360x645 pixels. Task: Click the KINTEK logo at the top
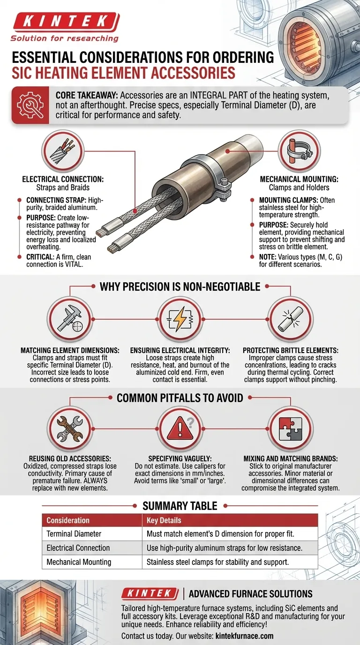pos(65,27)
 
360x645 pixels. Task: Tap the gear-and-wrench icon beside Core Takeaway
pos(30,105)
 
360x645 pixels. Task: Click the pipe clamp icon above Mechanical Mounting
pos(299,150)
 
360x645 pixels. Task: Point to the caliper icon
pos(70,320)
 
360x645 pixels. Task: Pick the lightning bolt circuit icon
pos(180,320)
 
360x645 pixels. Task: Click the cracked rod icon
pos(290,320)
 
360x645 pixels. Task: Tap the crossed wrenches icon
pos(70,429)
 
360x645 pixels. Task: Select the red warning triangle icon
pos(180,429)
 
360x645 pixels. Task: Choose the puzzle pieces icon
pos(290,429)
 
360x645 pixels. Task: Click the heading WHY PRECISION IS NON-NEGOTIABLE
pos(180,286)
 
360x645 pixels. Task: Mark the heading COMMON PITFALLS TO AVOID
pos(180,398)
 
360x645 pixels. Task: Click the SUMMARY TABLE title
pos(180,506)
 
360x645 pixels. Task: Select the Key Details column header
pos(164,520)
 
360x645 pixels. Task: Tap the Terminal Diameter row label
pos(74,534)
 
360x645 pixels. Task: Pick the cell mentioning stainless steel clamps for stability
pos(217,562)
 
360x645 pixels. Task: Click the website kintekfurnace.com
pos(245,636)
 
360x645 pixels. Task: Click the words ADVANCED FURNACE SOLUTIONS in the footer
pos(251,594)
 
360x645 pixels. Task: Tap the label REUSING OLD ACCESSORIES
pos(70,458)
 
